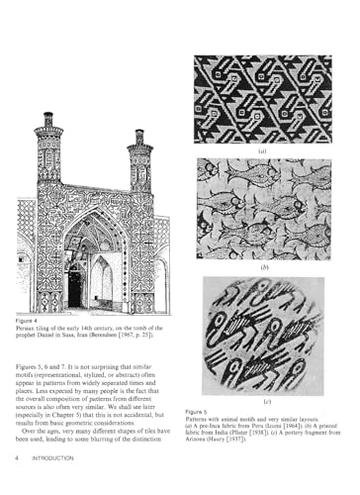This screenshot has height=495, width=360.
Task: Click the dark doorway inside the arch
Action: pyautogui.click(x=75, y=287)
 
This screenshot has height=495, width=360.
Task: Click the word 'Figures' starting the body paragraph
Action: pyautogui.click(x=29, y=365)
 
